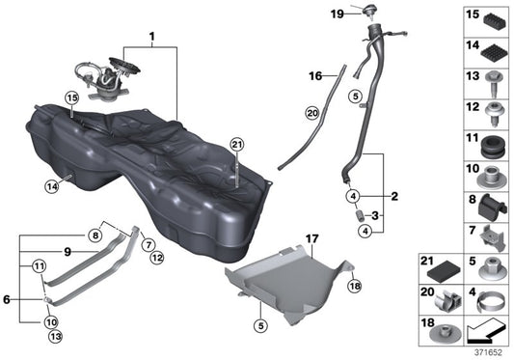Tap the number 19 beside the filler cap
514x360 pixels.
click(x=338, y=14)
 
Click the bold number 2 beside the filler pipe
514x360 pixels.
click(x=393, y=196)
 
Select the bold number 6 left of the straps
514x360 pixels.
click(x=8, y=300)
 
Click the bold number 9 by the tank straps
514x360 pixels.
click(x=68, y=252)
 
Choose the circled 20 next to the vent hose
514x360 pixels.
click(x=311, y=113)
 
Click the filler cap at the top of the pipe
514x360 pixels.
click(x=369, y=10)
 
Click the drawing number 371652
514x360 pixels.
click(x=488, y=353)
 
